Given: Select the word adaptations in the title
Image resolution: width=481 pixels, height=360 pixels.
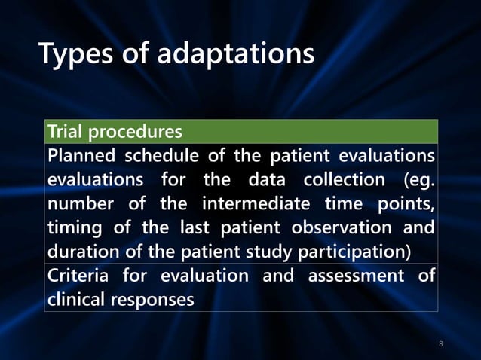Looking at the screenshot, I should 235,55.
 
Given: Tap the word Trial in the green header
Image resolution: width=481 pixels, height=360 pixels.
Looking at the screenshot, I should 66,132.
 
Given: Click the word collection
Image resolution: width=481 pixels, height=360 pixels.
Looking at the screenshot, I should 344,181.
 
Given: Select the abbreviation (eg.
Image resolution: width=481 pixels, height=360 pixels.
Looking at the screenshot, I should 418,181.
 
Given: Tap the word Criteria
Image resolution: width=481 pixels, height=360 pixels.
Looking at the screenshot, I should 78,276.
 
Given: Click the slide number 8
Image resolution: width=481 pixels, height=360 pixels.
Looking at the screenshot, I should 441,344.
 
